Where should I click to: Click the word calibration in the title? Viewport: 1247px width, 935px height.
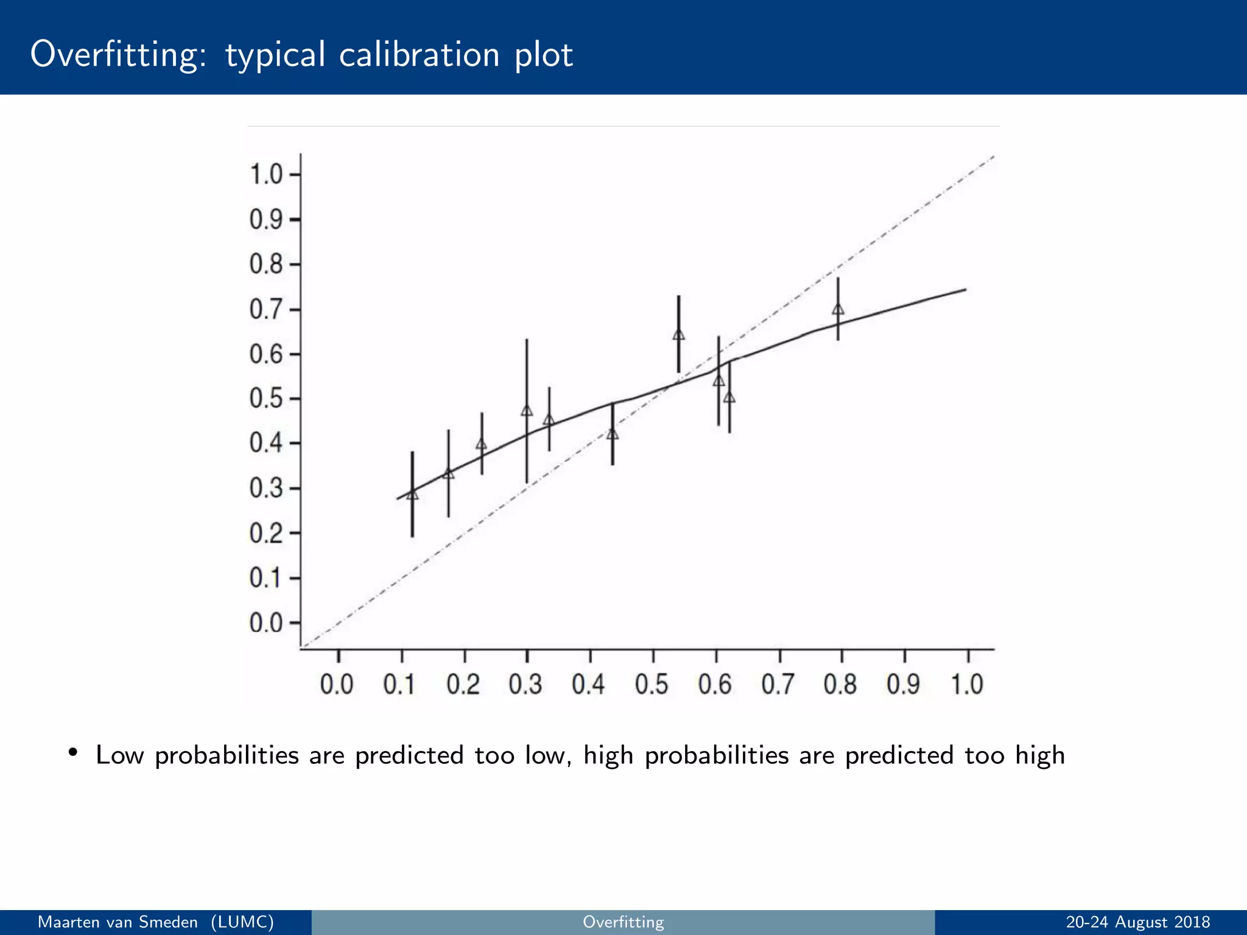click(419, 55)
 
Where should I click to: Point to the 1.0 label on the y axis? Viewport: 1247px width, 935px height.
click(266, 175)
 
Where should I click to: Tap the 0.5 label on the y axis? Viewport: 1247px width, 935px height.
click(266, 399)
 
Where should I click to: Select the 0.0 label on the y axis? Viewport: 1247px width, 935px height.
click(266, 623)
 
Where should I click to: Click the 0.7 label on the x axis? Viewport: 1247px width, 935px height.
click(778, 685)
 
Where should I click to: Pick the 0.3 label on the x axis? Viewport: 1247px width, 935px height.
click(525, 685)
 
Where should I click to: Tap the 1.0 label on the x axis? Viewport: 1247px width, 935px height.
click(967, 685)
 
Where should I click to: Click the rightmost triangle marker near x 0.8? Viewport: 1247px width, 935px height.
click(838, 309)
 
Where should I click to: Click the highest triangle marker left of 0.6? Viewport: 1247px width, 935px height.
click(678, 335)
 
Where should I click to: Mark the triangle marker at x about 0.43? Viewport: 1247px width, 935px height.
click(613, 434)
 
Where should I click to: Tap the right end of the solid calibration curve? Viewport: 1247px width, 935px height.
click(965, 290)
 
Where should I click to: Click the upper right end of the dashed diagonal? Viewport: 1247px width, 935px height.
click(993, 157)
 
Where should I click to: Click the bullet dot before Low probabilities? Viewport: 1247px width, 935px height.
click(73, 752)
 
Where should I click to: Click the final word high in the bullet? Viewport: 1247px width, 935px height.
click(1040, 755)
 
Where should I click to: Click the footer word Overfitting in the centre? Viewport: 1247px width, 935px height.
click(623, 922)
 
